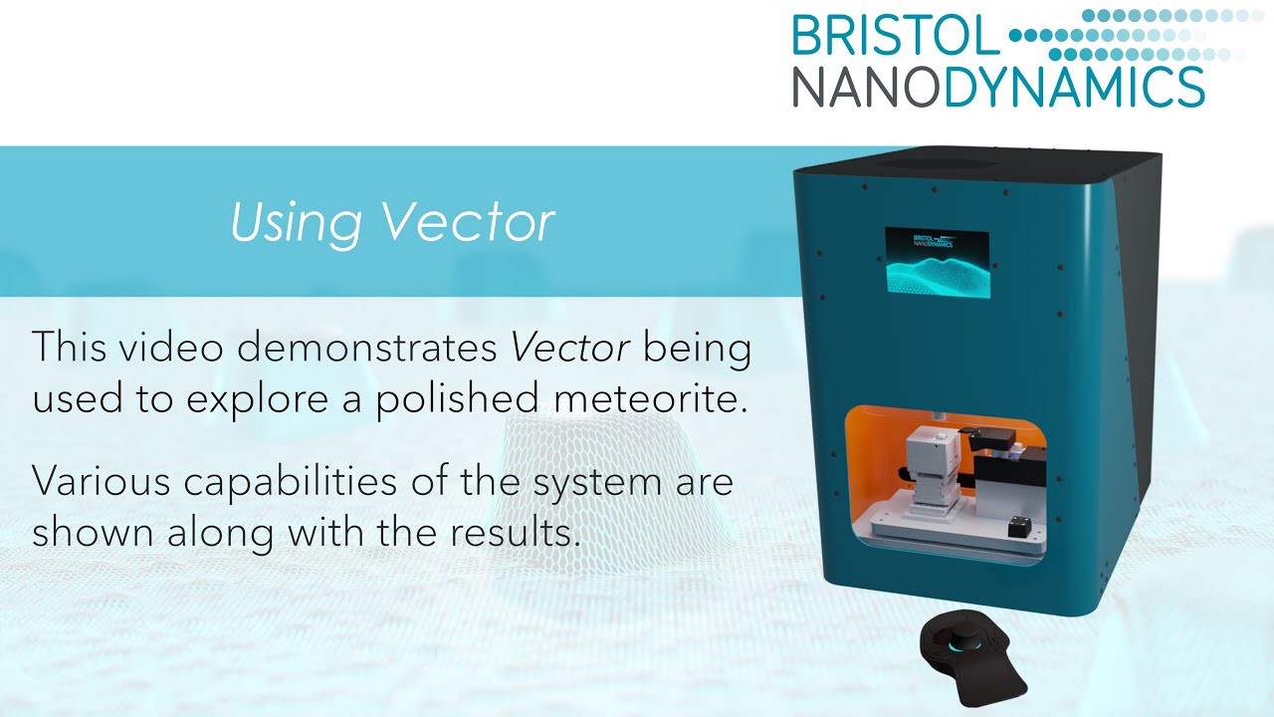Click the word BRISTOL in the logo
pyautogui.click(x=894, y=36)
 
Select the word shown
pyautogui.click(x=85, y=532)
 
